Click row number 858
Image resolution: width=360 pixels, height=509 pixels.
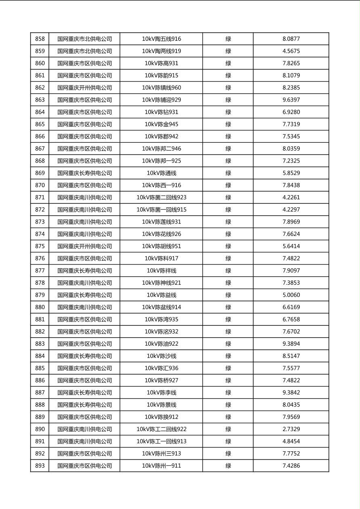click(40, 39)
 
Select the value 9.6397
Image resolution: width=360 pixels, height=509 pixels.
click(291, 100)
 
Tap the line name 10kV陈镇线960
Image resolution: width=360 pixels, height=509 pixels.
click(161, 88)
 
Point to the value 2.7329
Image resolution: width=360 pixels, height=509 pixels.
click(291, 430)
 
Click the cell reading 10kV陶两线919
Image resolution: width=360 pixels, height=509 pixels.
click(161, 51)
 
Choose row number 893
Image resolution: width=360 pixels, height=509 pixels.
click(40, 466)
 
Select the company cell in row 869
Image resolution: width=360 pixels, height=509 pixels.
click(84, 173)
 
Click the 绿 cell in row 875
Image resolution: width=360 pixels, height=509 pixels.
click(228, 246)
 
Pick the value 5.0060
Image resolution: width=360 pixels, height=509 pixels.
click(291, 295)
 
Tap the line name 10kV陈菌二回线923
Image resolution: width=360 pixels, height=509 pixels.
click(161, 198)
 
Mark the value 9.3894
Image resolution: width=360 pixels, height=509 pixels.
click(291, 344)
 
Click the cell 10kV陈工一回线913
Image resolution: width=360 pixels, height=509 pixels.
click(161, 442)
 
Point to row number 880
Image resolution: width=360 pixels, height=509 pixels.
click(40, 307)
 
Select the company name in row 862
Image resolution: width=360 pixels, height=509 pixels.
click(84, 88)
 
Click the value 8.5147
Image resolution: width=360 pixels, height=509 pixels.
click(291, 356)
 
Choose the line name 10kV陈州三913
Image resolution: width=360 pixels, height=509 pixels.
click(161, 454)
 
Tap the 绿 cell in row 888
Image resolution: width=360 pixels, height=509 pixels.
click(228, 405)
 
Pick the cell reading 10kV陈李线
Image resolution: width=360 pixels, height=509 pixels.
click(161, 393)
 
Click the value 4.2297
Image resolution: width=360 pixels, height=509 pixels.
click(291, 210)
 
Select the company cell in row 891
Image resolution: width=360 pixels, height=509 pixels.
click(84, 442)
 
